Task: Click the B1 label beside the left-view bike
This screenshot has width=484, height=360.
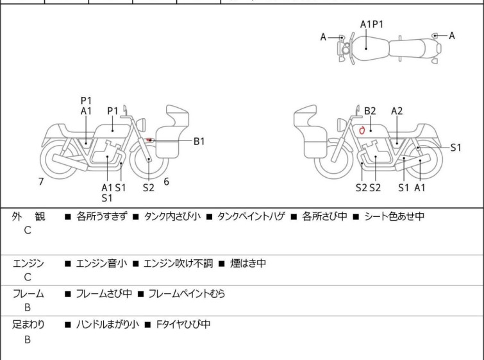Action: (199, 141)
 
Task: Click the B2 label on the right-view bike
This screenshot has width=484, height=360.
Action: (370, 111)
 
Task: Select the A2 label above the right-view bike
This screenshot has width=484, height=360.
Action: (397, 111)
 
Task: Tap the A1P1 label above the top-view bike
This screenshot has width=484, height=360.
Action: (372, 24)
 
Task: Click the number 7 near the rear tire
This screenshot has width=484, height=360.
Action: (41, 182)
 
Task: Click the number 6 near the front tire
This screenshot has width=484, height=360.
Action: (167, 182)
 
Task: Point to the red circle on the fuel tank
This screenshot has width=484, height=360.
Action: (362, 130)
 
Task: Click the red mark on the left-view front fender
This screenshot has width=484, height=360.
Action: (149, 140)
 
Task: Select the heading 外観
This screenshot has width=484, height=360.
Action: (28, 216)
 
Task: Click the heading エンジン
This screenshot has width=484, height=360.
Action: (28, 263)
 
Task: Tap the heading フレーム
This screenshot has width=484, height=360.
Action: (28, 293)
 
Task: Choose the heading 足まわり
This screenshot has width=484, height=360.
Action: (28, 325)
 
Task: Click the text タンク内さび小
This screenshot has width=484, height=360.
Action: (172, 216)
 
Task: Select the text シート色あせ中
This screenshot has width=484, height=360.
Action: (394, 216)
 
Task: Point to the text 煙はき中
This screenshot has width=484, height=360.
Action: (248, 263)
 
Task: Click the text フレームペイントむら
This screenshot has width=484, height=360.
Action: (187, 293)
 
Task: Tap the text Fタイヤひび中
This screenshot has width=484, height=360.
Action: (183, 325)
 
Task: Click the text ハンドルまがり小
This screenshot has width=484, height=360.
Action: (108, 325)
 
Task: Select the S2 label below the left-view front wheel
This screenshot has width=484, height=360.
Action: (148, 187)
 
